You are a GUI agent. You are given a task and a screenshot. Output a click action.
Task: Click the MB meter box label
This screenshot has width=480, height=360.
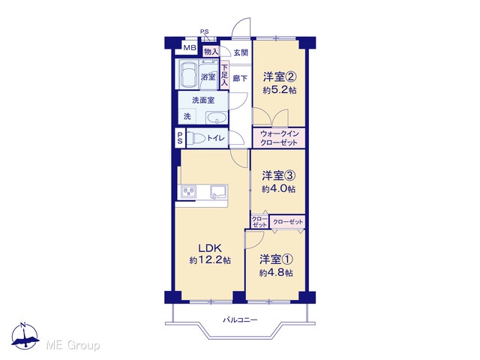point(190,48)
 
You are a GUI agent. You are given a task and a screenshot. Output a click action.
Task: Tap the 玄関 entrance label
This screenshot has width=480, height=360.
point(241,52)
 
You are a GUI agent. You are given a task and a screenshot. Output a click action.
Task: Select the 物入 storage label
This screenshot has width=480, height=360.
point(211,52)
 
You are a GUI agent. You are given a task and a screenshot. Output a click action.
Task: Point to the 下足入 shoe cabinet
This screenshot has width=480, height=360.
point(224,75)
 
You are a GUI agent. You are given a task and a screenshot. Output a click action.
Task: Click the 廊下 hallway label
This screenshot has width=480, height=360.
point(240,78)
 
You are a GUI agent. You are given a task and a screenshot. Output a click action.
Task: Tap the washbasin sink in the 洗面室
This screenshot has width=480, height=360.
point(217,118)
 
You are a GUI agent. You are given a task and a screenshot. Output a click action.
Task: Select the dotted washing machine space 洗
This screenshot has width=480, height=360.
point(187,116)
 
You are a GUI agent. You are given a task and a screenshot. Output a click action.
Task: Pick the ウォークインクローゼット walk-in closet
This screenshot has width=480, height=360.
point(279,138)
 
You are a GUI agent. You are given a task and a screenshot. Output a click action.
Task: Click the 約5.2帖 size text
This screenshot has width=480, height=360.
point(280,90)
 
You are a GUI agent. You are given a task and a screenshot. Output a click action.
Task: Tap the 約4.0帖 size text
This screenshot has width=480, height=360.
point(278,189)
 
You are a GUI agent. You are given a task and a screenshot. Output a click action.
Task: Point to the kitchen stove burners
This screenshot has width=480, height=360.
point(189,192)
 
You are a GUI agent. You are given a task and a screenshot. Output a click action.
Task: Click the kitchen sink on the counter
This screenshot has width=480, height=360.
point(218,192)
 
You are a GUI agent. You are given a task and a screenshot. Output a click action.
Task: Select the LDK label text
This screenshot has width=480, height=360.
point(210,248)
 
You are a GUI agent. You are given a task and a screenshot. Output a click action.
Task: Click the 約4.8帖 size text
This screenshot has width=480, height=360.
point(277,272)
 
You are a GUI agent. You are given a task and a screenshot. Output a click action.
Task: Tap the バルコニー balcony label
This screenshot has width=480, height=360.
point(240,320)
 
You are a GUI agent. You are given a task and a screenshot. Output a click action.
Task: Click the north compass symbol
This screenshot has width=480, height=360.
point(25,337)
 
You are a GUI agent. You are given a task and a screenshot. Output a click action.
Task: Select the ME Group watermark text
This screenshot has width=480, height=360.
point(73,345)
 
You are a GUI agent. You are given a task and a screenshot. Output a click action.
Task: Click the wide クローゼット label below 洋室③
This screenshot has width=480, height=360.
point(288,222)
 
